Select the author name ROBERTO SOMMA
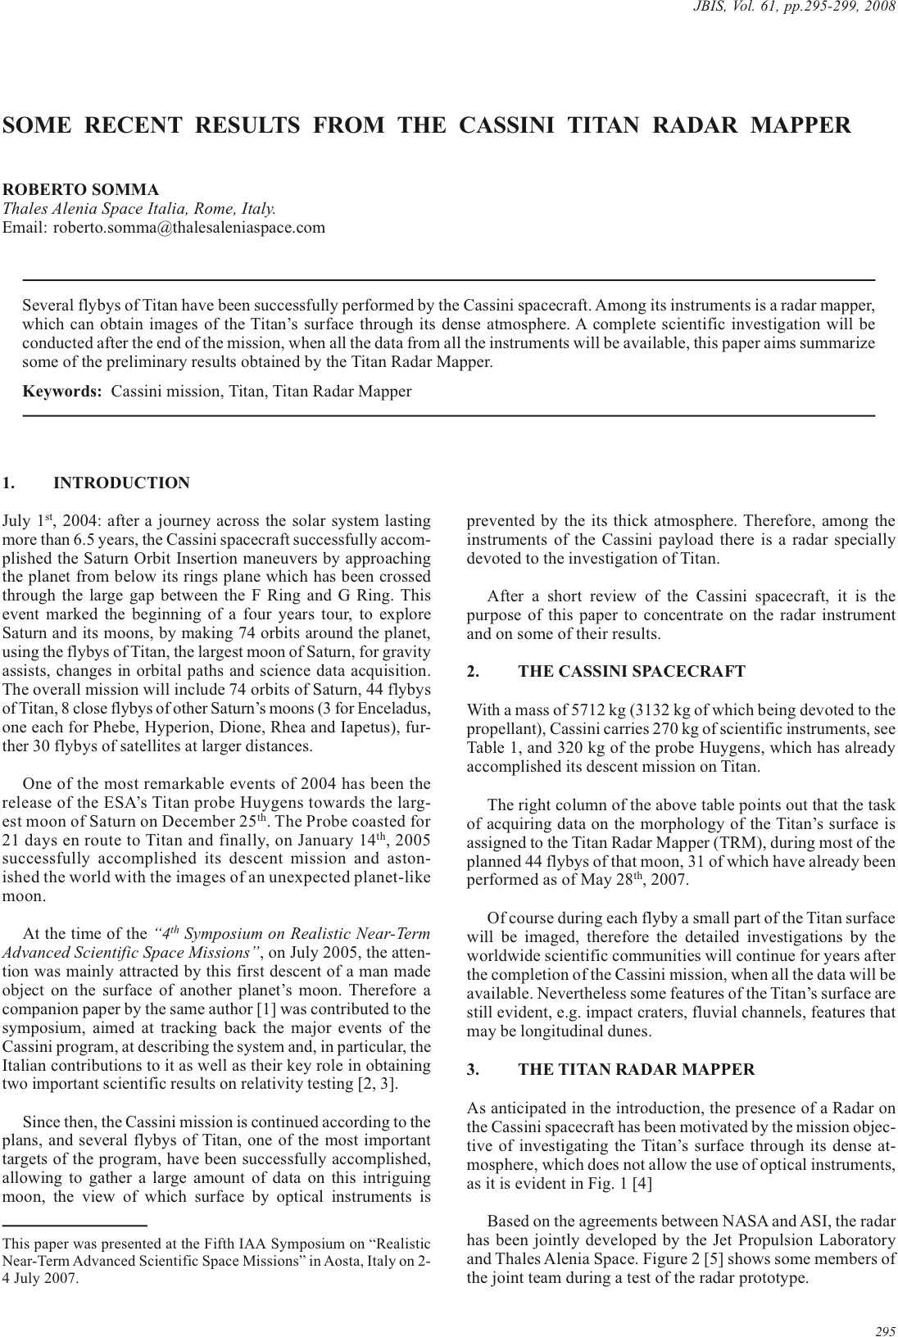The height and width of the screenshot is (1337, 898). (x=81, y=190)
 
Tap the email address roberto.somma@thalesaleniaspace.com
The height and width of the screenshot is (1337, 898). (x=188, y=228)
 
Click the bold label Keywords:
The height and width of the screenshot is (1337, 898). (x=61, y=392)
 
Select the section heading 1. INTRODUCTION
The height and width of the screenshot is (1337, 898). (x=96, y=483)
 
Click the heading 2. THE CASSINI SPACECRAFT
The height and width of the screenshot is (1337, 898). (x=605, y=672)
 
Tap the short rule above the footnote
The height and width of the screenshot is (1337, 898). (x=75, y=1225)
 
